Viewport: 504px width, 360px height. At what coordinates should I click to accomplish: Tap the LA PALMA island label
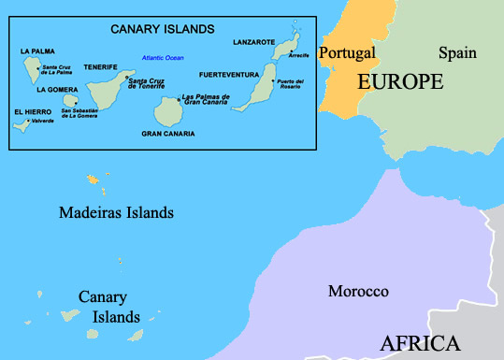tap(36, 50)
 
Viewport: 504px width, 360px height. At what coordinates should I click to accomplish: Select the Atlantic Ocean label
tap(165, 59)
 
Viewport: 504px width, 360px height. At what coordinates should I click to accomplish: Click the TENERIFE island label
tap(100, 67)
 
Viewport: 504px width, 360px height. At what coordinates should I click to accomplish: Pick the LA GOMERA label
tap(56, 90)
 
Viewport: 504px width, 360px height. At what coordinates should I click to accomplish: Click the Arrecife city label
tap(299, 55)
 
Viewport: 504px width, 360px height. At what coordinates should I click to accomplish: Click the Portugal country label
tap(347, 52)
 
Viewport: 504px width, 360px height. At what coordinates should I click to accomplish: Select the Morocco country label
tap(358, 292)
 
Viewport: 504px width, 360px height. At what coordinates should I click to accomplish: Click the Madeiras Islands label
tap(116, 213)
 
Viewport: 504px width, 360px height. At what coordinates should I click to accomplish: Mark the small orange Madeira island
tap(94, 178)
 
